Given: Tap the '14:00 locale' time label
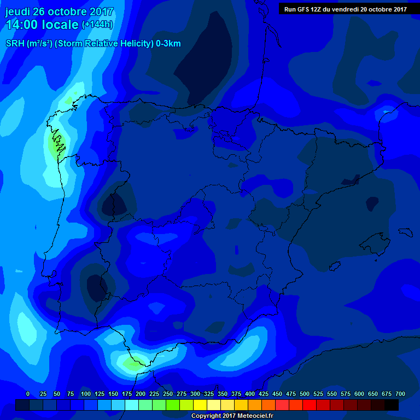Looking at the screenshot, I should click(x=42, y=25).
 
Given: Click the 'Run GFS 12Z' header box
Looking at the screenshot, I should click(x=345, y=9).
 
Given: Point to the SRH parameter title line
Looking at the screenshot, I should click(x=93, y=44).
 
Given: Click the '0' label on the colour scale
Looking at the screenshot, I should click(x=28, y=394).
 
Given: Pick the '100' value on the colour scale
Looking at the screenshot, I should click(x=85, y=394).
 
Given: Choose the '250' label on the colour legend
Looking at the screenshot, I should click(x=168, y=394).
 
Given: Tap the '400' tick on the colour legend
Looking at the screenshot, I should click(x=250, y=394).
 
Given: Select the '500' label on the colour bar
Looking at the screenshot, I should click(x=305, y=394).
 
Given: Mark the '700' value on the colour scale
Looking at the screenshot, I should click(x=400, y=394).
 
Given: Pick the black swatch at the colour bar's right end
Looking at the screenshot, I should click(x=392, y=405).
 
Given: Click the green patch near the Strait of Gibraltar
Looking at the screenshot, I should click(x=133, y=363).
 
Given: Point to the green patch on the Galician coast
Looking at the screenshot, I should click(x=55, y=145).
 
